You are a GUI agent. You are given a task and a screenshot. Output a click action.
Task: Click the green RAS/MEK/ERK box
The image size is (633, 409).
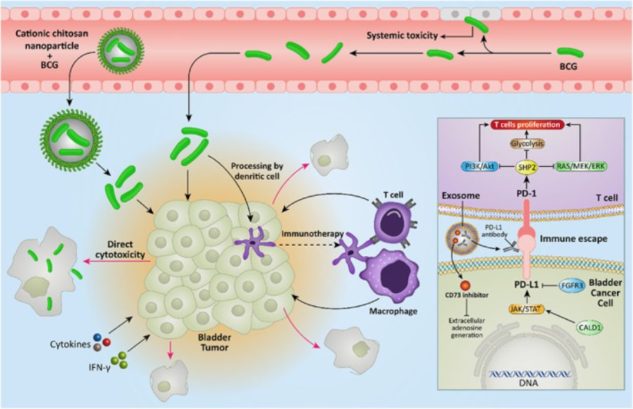tap(578, 165)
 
